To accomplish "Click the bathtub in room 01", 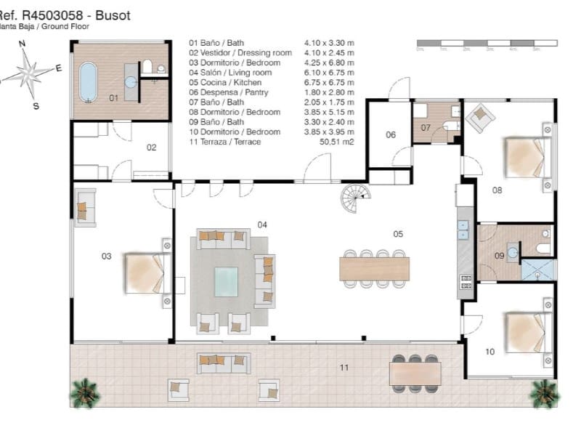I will pyautogui.click(x=88, y=81).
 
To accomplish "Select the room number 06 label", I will pyautogui.click(x=391, y=135).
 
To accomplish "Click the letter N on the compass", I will pyautogui.click(x=23, y=44).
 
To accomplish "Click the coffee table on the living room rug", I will pyautogui.click(x=226, y=280).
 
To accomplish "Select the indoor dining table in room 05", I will pyautogui.click(x=375, y=268).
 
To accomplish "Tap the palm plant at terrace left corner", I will pyautogui.click(x=84, y=392).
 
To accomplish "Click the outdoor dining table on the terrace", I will pyautogui.click(x=415, y=374).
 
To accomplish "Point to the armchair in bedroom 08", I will pyautogui.click(x=481, y=116).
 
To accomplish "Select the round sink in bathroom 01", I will pyautogui.click(x=131, y=81).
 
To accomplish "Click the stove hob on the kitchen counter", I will pyautogui.click(x=466, y=282).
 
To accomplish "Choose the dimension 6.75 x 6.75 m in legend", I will pyautogui.click(x=329, y=83).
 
